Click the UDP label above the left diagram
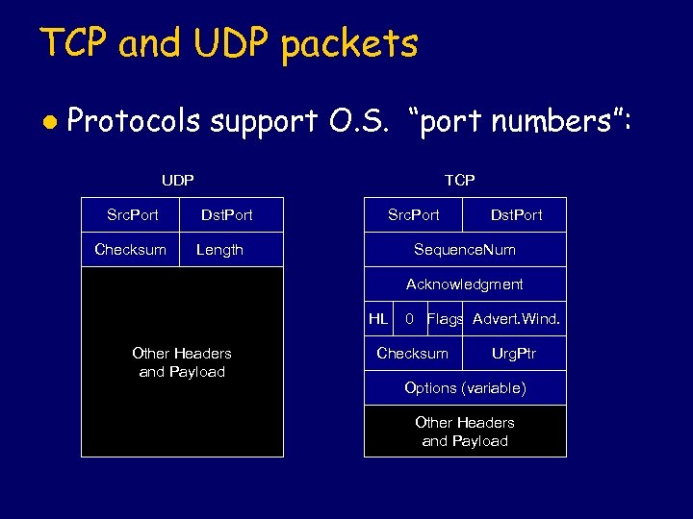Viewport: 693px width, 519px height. [177, 180]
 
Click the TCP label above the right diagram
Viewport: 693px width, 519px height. [459, 180]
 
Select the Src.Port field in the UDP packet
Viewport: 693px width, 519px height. [132, 214]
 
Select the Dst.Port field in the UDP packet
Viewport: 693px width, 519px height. [226, 214]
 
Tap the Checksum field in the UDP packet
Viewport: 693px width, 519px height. [130, 249]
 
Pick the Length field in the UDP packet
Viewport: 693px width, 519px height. [219, 249]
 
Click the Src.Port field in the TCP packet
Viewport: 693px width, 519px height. [413, 214]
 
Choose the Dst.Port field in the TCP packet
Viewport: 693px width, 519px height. [516, 214]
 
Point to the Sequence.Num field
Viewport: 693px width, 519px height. [465, 249]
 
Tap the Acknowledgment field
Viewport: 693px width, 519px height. [465, 284]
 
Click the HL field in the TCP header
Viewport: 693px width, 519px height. [379, 318]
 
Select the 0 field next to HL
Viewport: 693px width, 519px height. [410, 318]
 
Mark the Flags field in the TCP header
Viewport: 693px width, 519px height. [445, 318]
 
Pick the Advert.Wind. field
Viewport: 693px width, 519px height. [516, 318]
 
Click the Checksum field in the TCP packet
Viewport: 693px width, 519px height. [412, 353]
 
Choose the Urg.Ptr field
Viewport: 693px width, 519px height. [514, 353]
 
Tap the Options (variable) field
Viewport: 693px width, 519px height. [465, 387]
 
